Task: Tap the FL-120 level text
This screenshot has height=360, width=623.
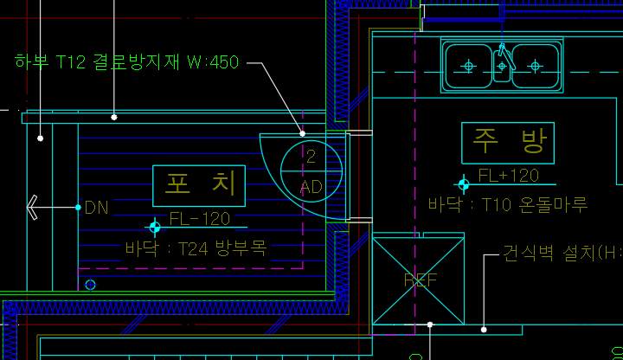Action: pyautogui.click(x=200, y=218)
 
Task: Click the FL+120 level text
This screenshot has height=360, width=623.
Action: pyautogui.click(x=508, y=176)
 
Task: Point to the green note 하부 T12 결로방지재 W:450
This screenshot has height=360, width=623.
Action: pyautogui.click(x=126, y=62)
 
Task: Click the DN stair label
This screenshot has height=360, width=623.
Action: pyautogui.click(x=96, y=208)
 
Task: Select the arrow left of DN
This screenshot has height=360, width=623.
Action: pyautogui.click(x=34, y=207)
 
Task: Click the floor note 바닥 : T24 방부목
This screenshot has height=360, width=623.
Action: pyautogui.click(x=196, y=249)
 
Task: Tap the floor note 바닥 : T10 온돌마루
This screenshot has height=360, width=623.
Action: pyautogui.click(x=508, y=205)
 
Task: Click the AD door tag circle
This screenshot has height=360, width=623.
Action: pyautogui.click(x=311, y=171)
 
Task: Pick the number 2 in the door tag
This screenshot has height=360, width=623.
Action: pyautogui.click(x=311, y=157)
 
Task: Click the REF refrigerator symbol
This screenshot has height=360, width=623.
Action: pyautogui.click(x=420, y=280)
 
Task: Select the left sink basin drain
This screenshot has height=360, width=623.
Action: pyautogui.click(x=469, y=66)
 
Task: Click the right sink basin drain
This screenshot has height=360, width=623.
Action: pyautogui.click(x=536, y=66)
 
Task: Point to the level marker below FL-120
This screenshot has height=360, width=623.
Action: pyautogui.click(x=155, y=228)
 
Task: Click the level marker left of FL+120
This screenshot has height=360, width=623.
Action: pyautogui.click(x=464, y=183)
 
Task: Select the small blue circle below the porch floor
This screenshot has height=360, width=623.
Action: pyautogui.click(x=90, y=284)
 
